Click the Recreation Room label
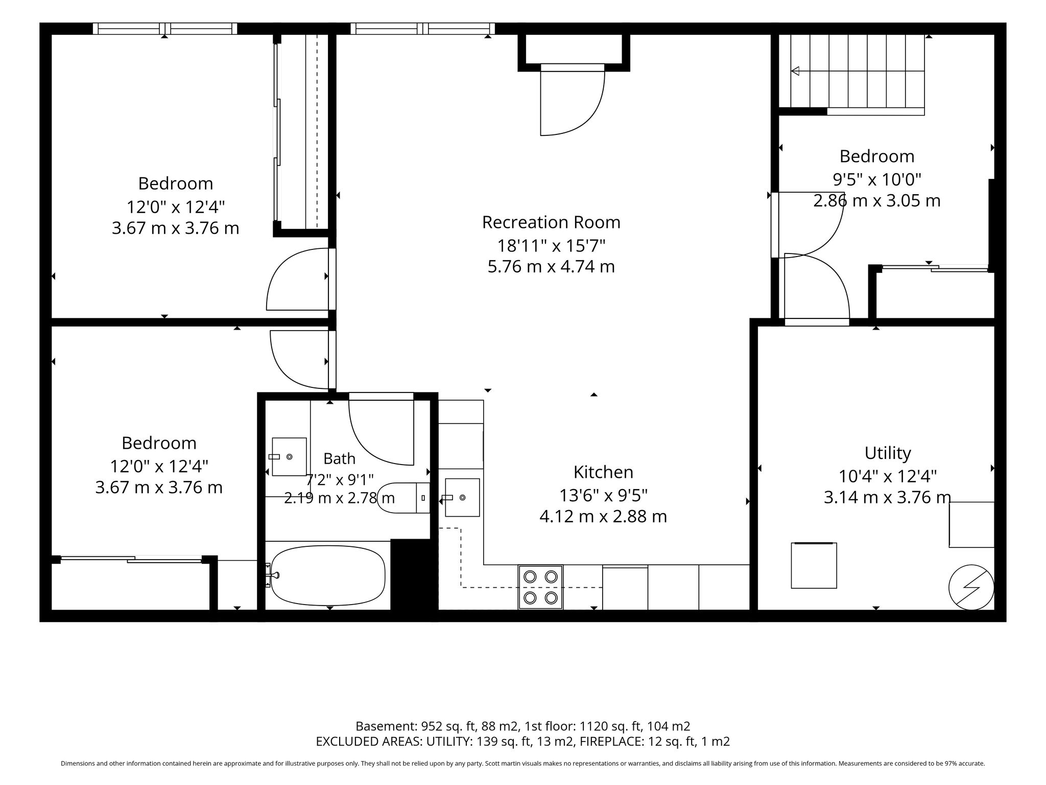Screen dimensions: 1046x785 pos(551,222)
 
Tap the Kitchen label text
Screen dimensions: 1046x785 pos(603,472)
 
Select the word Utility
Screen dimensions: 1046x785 pos(888,453)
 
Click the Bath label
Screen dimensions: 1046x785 pos(339,458)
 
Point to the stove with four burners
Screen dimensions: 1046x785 pos(541,587)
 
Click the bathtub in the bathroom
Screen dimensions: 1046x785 pos(328,575)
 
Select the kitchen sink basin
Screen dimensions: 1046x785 pos(462,497)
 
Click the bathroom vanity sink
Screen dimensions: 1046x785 pos(289,456)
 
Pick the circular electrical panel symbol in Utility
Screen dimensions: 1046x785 pos(971,587)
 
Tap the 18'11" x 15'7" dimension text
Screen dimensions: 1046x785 pos(551,246)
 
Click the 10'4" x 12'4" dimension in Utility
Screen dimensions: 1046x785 pos(888,476)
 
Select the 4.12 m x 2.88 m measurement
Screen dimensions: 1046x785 pos(603,517)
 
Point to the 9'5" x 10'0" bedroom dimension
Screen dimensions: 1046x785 pos(877,179)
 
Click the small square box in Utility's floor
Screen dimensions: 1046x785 pos(814,565)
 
